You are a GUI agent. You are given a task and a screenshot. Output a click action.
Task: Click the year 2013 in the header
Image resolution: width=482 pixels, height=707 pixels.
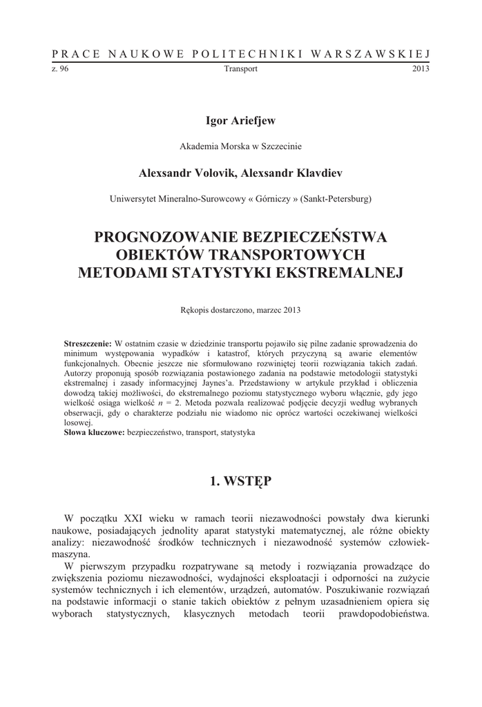coord(421,69)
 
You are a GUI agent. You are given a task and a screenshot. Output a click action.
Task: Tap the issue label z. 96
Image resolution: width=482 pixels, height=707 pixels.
coord(60,69)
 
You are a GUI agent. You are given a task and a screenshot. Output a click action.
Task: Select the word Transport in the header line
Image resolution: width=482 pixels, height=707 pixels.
coord(241,69)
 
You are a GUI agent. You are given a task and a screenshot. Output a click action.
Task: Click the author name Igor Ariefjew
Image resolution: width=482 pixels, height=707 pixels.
coord(240,122)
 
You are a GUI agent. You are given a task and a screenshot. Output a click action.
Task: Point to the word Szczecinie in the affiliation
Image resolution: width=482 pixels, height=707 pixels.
coord(281,146)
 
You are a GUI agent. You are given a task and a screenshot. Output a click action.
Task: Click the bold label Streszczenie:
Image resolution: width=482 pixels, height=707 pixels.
coord(88,343)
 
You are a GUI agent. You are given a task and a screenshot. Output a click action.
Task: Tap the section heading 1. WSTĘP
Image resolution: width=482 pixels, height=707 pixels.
coord(240,481)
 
